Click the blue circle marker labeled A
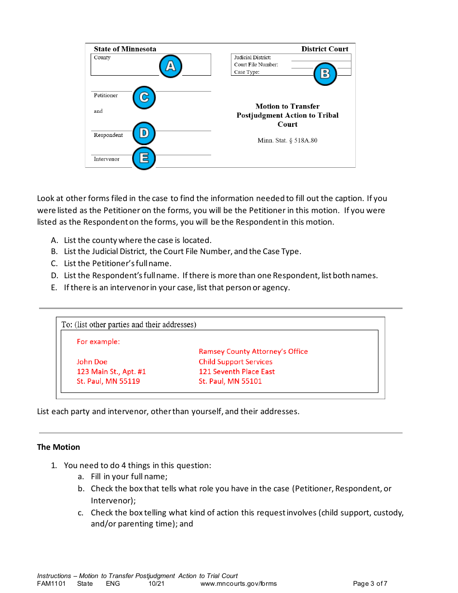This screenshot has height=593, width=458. tap(171, 67)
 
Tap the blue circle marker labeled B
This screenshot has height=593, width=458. tap(325, 74)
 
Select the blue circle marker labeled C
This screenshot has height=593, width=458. tap(144, 97)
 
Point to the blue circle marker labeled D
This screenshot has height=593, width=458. tap(144, 133)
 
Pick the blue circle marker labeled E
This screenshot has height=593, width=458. tap(144, 158)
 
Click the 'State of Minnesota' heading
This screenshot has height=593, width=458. tap(125, 49)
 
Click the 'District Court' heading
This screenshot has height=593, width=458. tap(324, 49)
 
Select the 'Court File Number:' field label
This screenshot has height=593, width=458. tap(256, 65)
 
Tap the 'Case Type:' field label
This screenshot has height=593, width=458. tap(247, 72)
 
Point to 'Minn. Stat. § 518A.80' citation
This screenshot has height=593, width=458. tap(287, 141)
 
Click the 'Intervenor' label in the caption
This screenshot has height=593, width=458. tap(107, 159)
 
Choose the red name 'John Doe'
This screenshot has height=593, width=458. tap(92, 362)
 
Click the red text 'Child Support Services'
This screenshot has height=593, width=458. tap(235, 362)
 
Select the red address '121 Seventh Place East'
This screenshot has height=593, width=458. tap(237, 372)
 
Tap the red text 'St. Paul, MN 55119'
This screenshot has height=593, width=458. tap(108, 381)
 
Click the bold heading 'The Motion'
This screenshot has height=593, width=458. tap(58, 447)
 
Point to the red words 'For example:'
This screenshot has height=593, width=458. tap(98, 342)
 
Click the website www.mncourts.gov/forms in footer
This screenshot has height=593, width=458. tap(239, 584)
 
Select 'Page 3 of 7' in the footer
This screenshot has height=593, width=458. tap(370, 584)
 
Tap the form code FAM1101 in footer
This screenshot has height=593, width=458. tap(51, 584)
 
